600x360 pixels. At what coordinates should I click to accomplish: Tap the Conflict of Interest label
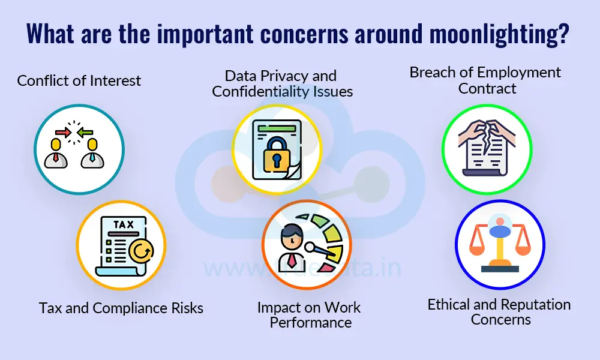(x=79, y=80)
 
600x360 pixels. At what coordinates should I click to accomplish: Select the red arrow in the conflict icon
(x=61, y=130)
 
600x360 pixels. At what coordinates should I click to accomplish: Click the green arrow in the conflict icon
(x=85, y=130)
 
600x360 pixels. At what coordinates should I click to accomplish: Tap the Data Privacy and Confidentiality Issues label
(x=282, y=83)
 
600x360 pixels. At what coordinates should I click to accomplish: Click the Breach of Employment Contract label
(x=485, y=80)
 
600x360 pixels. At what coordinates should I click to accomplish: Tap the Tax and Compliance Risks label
(x=121, y=308)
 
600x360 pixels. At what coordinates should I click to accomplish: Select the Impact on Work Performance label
(x=310, y=315)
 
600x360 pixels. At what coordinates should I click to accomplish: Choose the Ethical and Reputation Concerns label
(x=500, y=312)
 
